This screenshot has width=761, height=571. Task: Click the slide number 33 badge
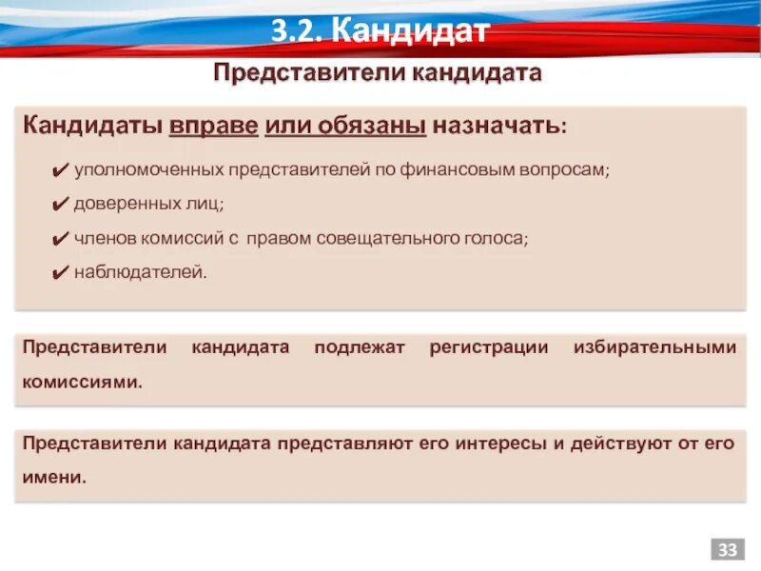pos(728,550)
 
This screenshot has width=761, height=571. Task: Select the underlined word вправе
pos(214,126)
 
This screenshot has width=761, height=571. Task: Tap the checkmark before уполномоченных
pos(57,170)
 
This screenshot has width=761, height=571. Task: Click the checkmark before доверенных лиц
pos(57,205)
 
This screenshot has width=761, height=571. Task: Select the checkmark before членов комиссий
pos(57,239)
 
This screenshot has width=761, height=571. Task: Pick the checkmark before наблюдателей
pos(57,273)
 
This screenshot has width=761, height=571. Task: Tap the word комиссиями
pos(83,382)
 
